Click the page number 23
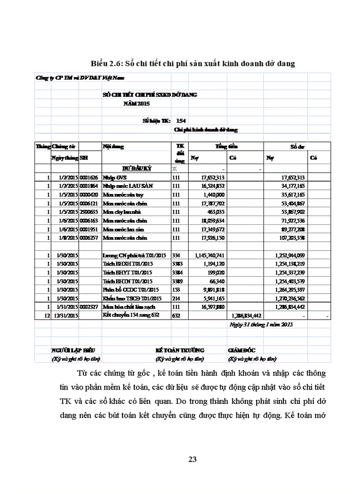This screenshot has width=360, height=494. (193, 460)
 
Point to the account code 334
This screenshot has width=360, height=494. (176, 255)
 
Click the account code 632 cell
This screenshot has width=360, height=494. (176, 315)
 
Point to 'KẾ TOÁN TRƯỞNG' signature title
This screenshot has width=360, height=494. (180, 350)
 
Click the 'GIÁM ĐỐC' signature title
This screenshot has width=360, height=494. (242, 350)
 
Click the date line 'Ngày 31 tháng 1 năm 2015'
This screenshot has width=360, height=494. (261, 325)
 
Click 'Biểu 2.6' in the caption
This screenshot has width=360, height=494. (107, 64)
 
